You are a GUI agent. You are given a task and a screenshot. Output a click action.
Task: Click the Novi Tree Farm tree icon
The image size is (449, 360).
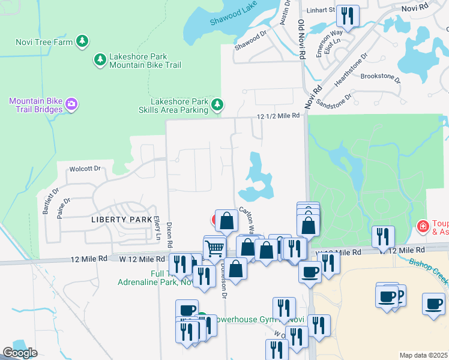(83, 41)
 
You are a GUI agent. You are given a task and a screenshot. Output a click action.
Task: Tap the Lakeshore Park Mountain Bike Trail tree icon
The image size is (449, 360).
(100, 59)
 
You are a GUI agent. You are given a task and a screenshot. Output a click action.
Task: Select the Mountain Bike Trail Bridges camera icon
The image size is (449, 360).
(71, 105)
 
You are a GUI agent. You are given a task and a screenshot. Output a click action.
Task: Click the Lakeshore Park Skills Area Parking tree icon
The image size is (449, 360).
(217, 106)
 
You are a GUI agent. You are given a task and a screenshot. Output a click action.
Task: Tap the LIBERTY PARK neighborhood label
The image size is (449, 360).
(121, 220)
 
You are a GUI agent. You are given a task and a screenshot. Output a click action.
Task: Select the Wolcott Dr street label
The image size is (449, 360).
(84, 169)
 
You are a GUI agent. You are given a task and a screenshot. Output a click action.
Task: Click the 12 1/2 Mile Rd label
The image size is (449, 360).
(278, 116)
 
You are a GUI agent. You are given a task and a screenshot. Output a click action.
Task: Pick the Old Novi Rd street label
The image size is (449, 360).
(301, 37)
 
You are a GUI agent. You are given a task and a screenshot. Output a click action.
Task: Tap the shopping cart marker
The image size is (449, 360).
(214, 247)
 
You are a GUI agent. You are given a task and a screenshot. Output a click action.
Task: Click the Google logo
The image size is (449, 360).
(20, 353)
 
